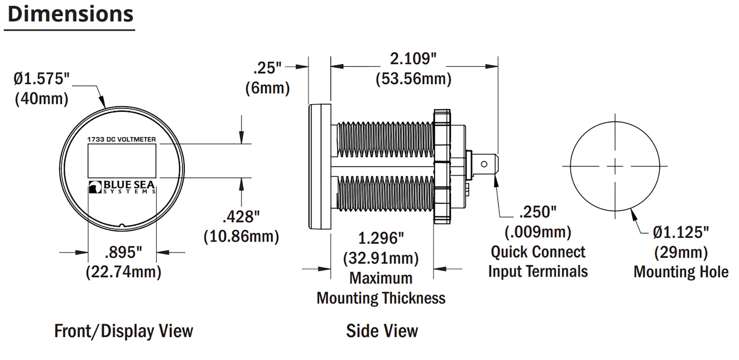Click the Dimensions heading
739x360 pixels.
[70, 15]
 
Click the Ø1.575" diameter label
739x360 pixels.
[41, 79]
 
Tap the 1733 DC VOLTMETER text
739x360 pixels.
[121, 139]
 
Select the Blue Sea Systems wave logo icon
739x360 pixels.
[95, 187]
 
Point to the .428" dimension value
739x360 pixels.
[241, 217]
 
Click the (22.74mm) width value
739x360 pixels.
[123, 272]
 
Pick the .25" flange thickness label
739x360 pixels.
[267, 68]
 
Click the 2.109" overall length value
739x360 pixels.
[413, 59]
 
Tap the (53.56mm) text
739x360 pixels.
[413, 79]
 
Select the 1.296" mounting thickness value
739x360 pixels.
[381, 238]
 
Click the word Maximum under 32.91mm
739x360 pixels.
[381, 278]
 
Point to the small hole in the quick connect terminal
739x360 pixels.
[484, 164]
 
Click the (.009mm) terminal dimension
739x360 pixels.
[538, 232]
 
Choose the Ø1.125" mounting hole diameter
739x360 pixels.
[681, 232]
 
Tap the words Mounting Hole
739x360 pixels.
[681, 272]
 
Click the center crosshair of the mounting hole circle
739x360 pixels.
[615, 166]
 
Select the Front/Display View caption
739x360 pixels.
[123, 331]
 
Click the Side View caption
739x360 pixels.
[382, 331]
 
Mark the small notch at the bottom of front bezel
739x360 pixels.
[122, 225]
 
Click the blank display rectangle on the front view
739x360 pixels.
[122, 161]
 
